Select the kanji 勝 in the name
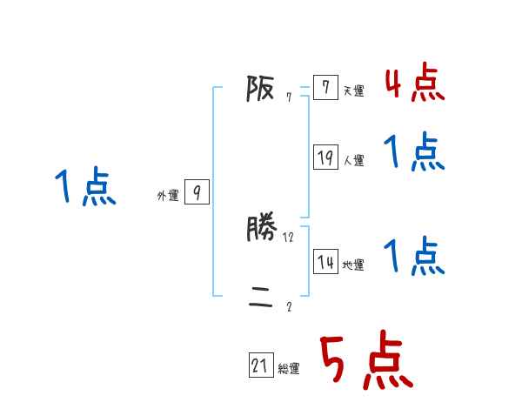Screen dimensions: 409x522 click(x=262, y=229)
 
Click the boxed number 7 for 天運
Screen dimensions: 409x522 click(x=325, y=88)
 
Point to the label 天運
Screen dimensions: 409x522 click(x=353, y=91)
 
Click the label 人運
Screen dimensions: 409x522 click(x=353, y=160)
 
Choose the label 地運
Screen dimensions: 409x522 click(x=353, y=265)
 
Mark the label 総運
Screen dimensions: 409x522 click(x=289, y=369)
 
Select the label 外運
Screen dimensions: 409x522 click(x=168, y=196)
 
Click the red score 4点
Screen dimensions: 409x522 click(x=414, y=84)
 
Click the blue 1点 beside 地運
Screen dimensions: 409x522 click(x=414, y=257)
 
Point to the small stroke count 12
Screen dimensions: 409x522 click(x=289, y=237)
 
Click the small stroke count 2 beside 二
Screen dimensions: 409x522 click(x=289, y=306)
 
